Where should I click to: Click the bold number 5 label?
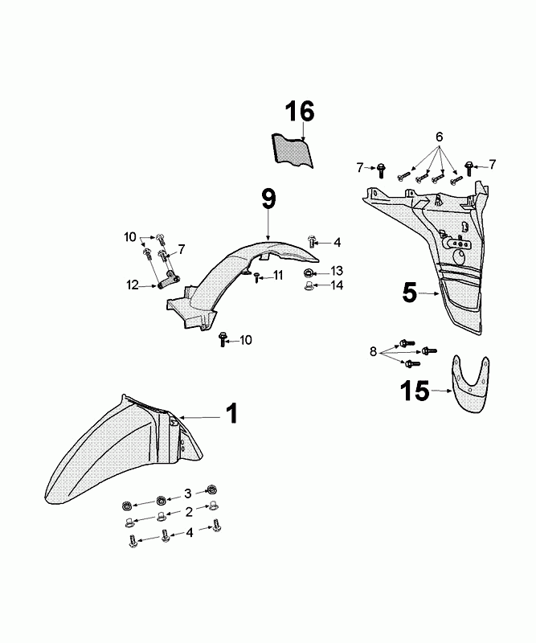pos(410,293)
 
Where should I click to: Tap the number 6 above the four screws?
pos(440,137)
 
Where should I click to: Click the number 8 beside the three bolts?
pos(372,351)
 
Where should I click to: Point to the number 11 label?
pos(277,276)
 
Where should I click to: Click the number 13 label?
pos(337,270)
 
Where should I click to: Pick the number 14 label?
pos(337,285)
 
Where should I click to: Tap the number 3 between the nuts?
pos(188,493)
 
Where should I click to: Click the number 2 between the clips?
pos(188,511)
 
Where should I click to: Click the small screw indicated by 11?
pos(256,278)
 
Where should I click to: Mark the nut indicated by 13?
pos(309,274)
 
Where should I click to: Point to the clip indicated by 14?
pos(309,287)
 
